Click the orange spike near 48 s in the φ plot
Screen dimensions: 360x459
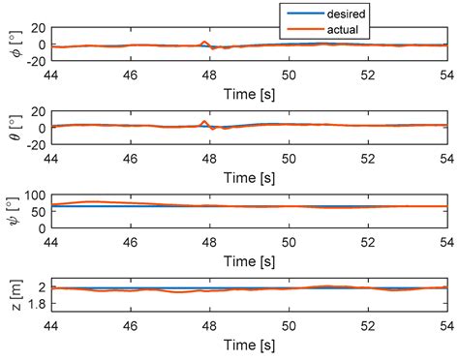[203, 42]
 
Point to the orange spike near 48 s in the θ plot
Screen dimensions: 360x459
[203, 122]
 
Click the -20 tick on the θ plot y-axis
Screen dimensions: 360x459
[35, 145]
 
